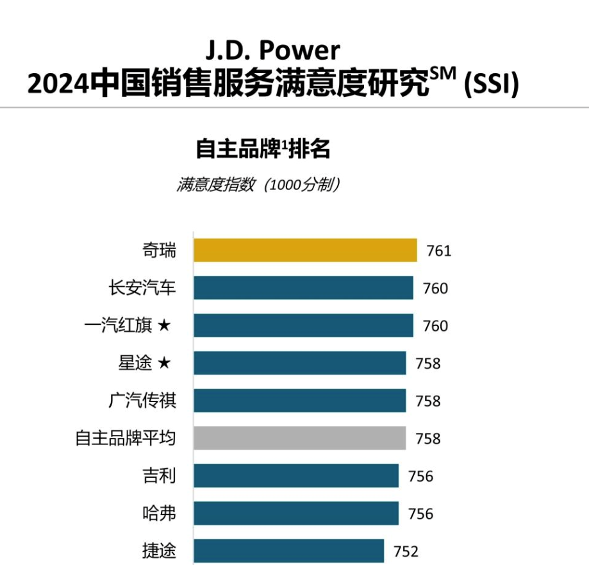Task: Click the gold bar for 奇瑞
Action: point(305,250)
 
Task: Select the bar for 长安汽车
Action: point(304,287)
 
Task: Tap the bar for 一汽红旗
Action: point(304,325)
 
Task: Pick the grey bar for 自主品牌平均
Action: point(300,438)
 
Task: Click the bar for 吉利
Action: point(296,475)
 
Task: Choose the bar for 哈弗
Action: point(296,513)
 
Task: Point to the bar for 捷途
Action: point(289,551)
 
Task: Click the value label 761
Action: point(439,251)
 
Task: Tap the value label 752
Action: point(406,552)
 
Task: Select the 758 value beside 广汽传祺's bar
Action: point(428,401)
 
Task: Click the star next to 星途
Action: point(164,363)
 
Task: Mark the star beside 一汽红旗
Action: point(164,325)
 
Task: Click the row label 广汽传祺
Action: point(142,400)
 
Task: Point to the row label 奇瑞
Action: point(160,250)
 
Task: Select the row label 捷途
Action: point(160,551)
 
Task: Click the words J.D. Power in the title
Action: point(273,51)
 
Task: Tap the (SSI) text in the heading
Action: point(492,83)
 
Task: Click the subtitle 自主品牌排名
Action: point(263,149)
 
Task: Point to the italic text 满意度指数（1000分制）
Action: point(259,185)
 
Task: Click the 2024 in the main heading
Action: point(58,84)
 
